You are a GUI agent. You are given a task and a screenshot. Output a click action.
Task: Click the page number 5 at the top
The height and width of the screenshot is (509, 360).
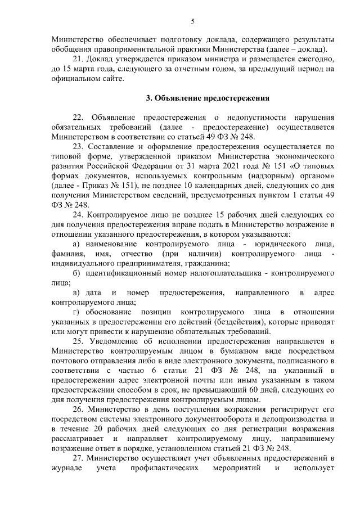[x=192, y=22]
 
